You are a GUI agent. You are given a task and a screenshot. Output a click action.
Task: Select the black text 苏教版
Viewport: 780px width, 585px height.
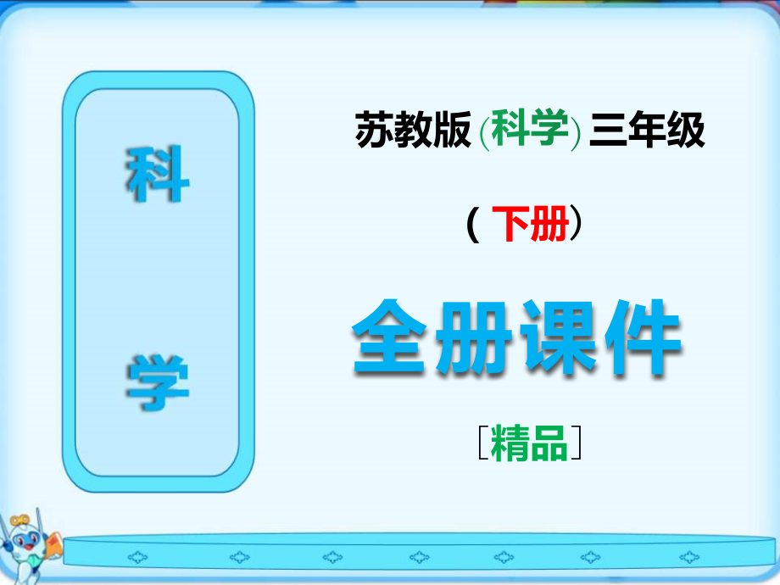[x=413, y=132]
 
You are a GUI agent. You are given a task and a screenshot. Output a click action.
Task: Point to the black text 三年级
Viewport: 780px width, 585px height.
[x=649, y=132]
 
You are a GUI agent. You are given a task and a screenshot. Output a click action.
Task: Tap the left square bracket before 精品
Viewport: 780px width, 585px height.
[x=482, y=444]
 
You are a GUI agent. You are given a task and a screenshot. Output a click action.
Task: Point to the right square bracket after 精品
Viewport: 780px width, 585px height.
[x=577, y=444]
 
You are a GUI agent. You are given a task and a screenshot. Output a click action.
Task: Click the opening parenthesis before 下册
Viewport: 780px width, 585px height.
[x=471, y=226]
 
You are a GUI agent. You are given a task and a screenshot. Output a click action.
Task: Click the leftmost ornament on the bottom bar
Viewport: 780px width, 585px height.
[x=136, y=557]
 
